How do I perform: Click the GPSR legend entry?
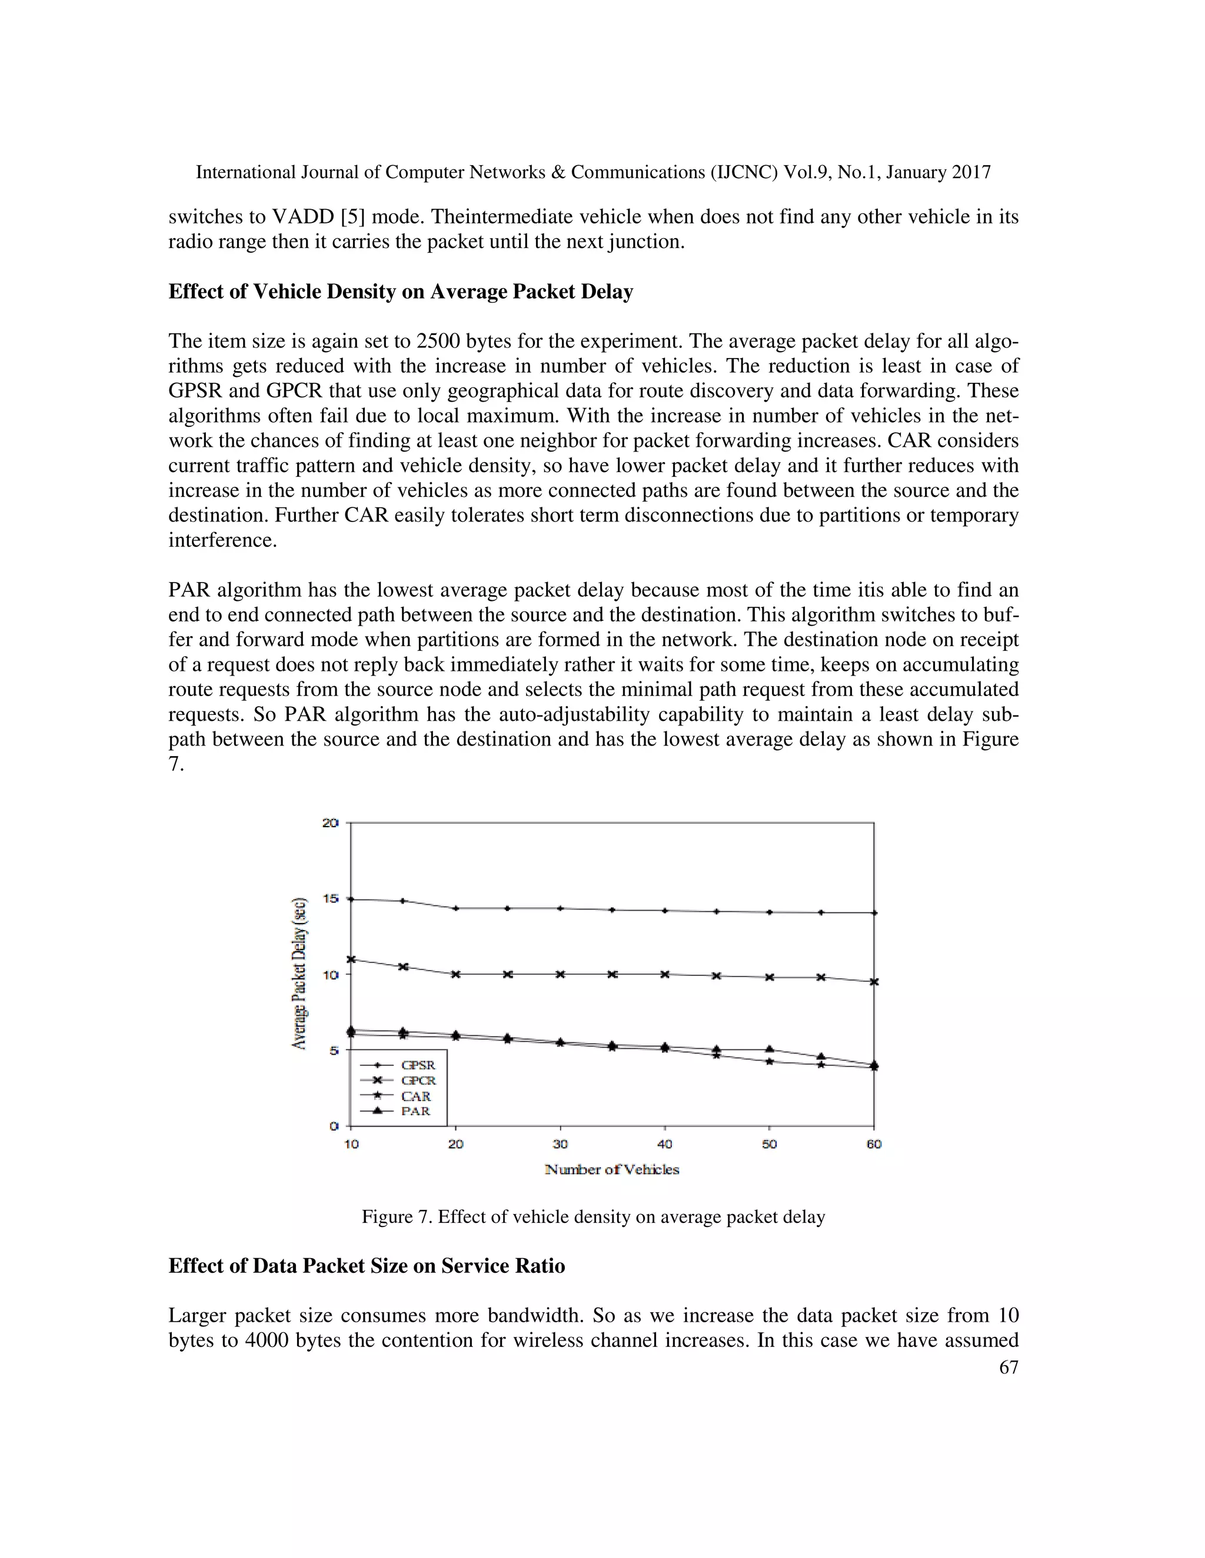(x=417, y=1065)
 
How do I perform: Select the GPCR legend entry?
(x=417, y=1081)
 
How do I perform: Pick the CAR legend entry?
(x=415, y=1096)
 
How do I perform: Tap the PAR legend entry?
(x=415, y=1111)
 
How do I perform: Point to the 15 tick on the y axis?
(x=330, y=898)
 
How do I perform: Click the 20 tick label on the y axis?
(x=330, y=823)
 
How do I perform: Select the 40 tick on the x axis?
(x=665, y=1144)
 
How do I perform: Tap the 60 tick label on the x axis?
(x=874, y=1144)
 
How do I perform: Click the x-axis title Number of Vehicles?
(x=612, y=1169)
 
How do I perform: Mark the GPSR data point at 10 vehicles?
(x=351, y=899)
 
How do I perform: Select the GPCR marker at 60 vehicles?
(x=874, y=982)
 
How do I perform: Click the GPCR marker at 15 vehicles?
(x=403, y=967)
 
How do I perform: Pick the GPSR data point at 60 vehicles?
(x=874, y=912)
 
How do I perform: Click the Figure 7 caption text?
(x=593, y=1217)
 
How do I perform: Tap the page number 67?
(x=1008, y=1367)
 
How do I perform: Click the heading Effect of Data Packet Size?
(x=366, y=1266)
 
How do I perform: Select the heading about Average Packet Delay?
(x=401, y=292)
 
